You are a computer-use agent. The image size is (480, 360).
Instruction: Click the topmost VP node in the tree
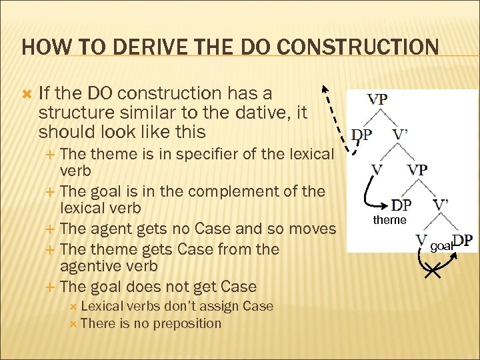[377, 99]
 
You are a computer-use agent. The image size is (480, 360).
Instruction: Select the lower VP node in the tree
[417, 169]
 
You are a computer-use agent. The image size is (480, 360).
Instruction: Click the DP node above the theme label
[401, 205]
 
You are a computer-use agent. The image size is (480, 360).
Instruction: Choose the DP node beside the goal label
[463, 241]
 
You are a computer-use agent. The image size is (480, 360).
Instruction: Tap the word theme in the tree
[390, 220]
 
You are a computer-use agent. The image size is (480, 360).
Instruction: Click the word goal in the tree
[441, 246]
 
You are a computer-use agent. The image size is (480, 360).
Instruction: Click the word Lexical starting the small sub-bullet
[107, 306]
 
